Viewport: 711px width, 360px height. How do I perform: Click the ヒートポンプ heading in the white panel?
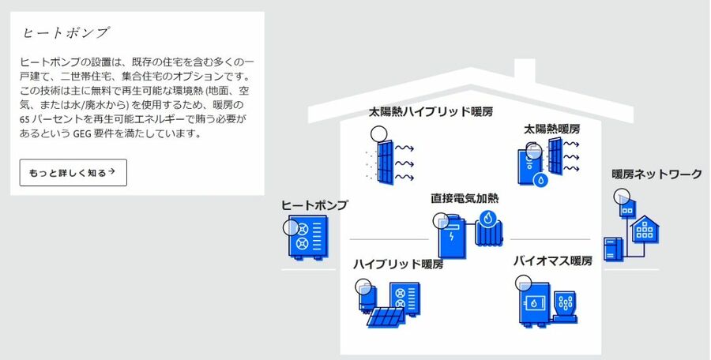(65, 33)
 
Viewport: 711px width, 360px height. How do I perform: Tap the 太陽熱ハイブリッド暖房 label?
(431, 111)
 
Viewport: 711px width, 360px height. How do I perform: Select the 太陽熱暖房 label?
(551, 128)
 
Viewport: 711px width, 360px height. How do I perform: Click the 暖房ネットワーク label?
(656, 174)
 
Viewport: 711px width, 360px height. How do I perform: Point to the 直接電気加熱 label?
(465, 198)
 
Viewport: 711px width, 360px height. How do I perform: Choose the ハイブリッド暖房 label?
(398, 264)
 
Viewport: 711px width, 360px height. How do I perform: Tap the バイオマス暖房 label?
(552, 261)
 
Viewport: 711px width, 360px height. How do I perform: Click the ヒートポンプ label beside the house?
(314, 205)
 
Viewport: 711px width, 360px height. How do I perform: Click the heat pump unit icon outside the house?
(307, 238)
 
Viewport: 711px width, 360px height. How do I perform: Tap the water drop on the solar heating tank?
(541, 179)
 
